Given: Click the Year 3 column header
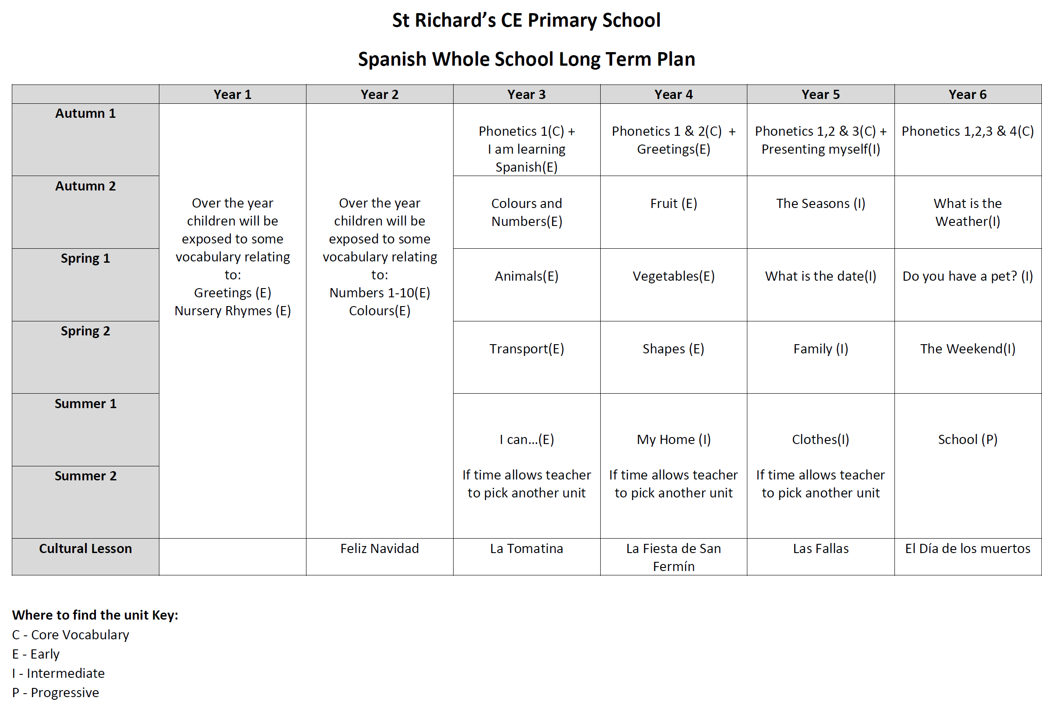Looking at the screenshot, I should pyautogui.click(x=526, y=94).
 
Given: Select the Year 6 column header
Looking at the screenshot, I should pyautogui.click(x=968, y=94).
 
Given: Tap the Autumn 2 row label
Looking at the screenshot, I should pyautogui.click(x=85, y=186).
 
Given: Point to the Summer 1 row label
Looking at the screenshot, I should pyautogui.click(x=85, y=404).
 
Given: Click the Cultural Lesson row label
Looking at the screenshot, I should pyautogui.click(x=85, y=549).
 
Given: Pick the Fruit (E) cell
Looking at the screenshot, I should pyautogui.click(x=673, y=204).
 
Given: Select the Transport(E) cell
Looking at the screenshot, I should pyautogui.click(x=526, y=349).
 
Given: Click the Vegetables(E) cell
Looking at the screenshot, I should pyautogui.click(x=673, y=276).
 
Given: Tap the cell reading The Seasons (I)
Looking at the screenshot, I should pyautogui.click(x=820, y=204).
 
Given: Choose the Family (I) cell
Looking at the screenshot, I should pyautogui.click(x=820, y=349).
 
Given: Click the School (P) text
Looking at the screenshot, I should pyautogui.click(x=968, y=440).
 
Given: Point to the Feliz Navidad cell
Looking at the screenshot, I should pyautogui.click(x=379, y=549).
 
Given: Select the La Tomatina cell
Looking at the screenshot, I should pyautogui.click(x=526, y=549).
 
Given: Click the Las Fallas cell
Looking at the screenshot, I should pyautogui.click(x=820, y=549).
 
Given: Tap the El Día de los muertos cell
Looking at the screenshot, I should pyautogui.click(x=968, y=549).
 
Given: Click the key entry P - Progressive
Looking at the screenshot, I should pyautogui.click(x=56, y=692).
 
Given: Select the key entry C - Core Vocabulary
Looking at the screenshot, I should pyautogui.click(x=70, y=634).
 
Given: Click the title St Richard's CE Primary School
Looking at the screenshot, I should pyautogui.click(x=526, y=20).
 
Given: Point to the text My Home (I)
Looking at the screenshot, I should pyautogui.click(x=673, y=440).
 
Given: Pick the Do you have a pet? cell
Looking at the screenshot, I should pyautogui.click(x=968, y=276).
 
